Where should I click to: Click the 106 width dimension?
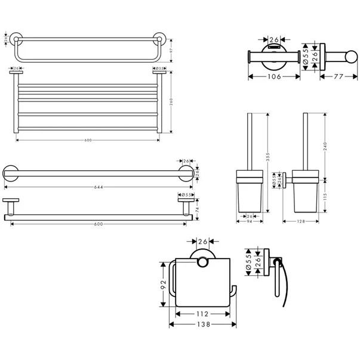tap(273, 76)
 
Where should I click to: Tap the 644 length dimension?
tap(99, 187)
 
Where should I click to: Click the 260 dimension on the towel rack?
tap(171, 101)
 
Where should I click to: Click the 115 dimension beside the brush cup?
tap(327, 196)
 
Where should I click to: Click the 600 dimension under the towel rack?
tap(88, 140)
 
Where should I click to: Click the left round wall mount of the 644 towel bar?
tap(10, 174)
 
